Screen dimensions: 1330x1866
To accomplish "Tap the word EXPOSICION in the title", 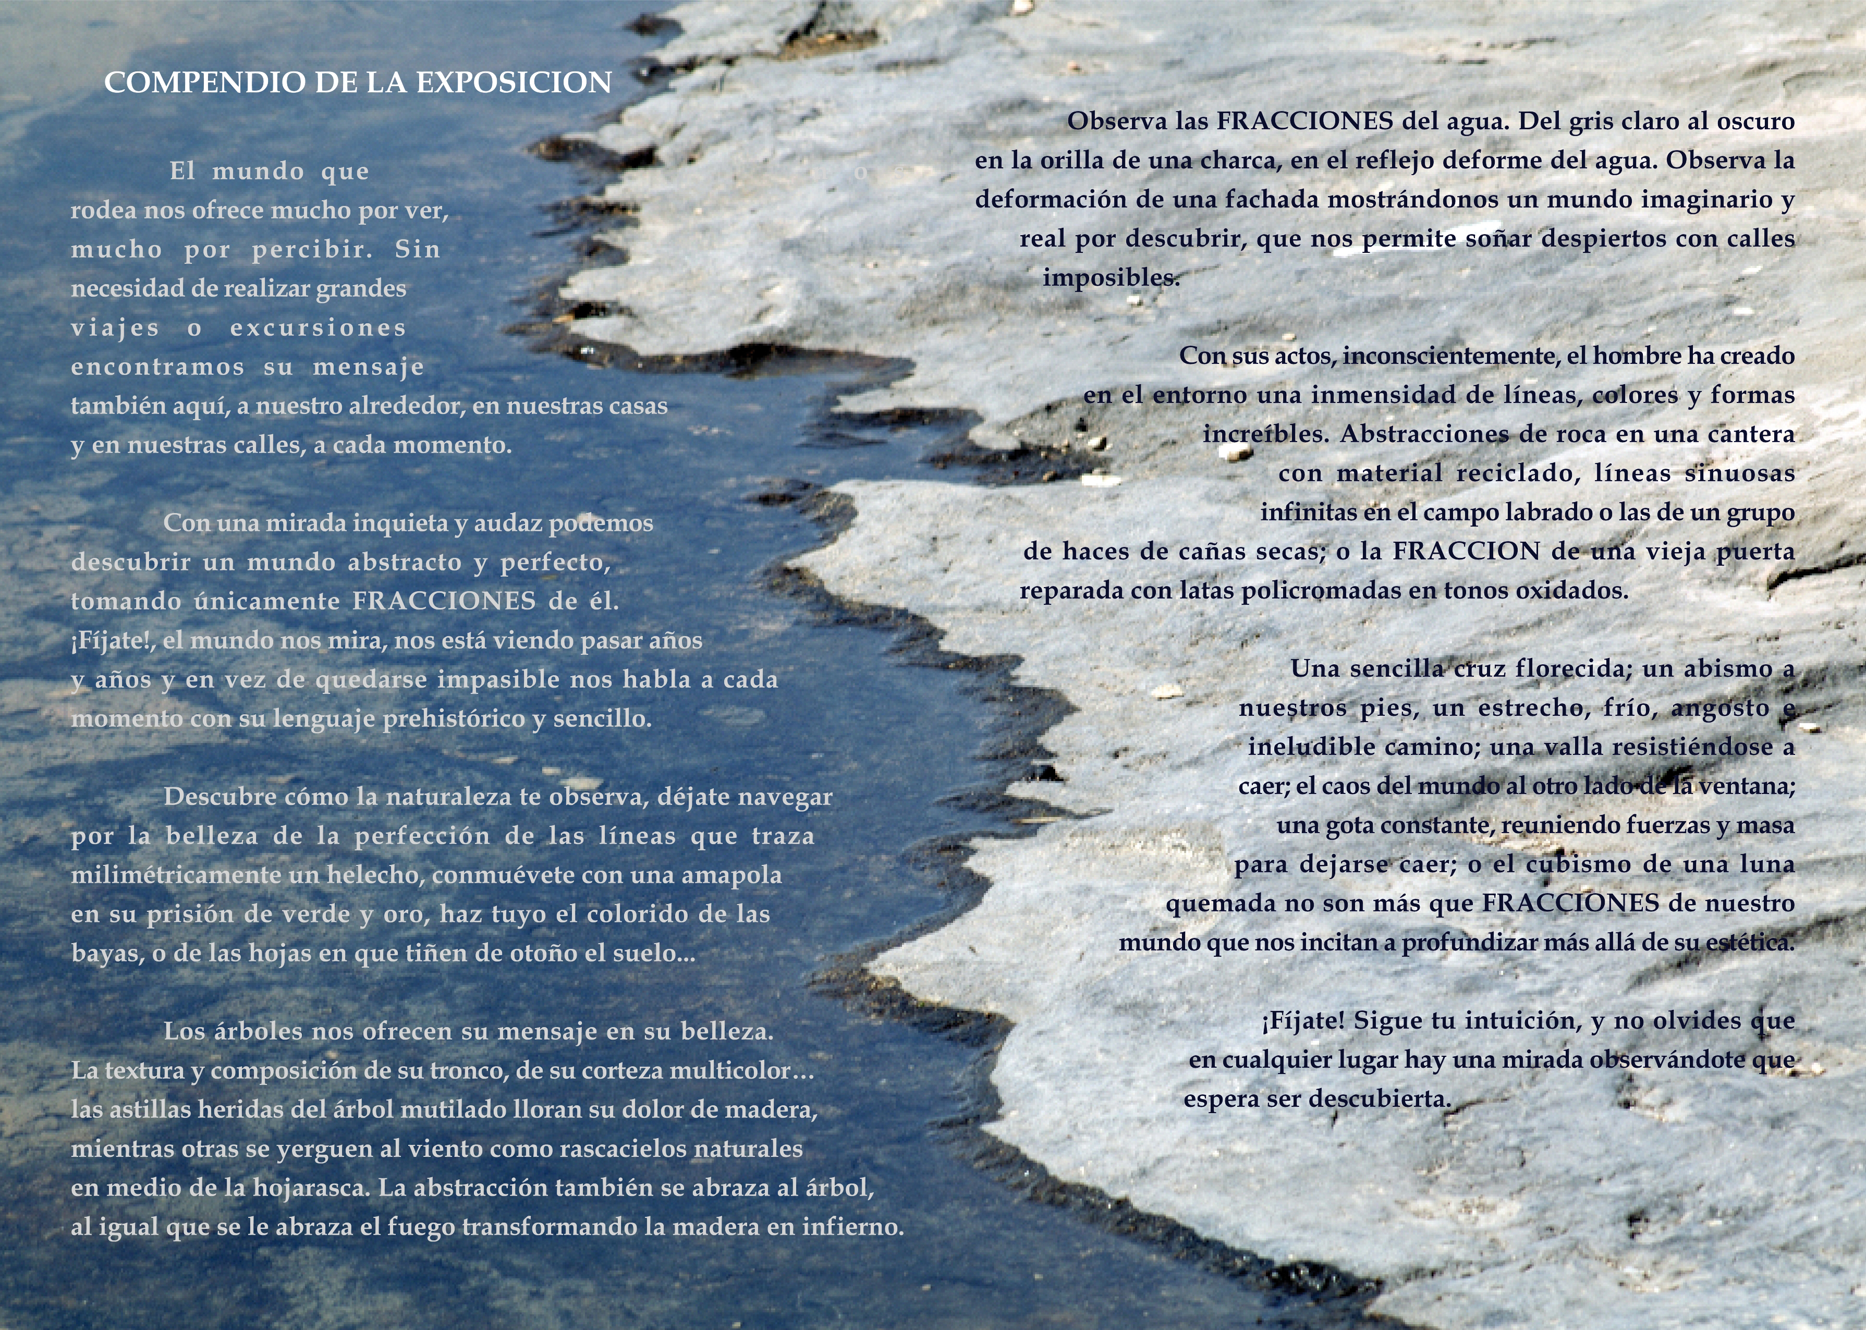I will tap(514, 83).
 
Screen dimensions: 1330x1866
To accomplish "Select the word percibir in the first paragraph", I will tap(312, 250).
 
